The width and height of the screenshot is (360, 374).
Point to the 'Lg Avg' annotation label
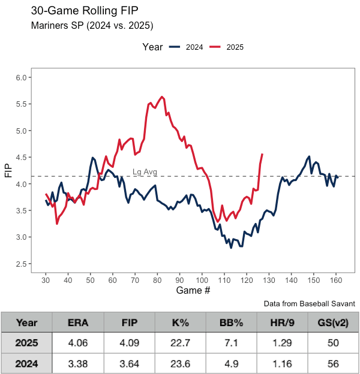click(x=145, y=172)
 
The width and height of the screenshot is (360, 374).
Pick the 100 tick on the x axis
click(x=202, y=279)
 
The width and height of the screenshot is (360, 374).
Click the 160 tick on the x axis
click(x=336, y=279)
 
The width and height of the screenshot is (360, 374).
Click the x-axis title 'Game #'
click(x=193, y=291)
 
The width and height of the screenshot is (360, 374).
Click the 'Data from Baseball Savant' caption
click(x=309, y=304)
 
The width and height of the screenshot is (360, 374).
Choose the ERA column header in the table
click(x=78, y=322)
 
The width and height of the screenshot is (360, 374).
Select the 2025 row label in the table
click(x=27, y=344)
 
